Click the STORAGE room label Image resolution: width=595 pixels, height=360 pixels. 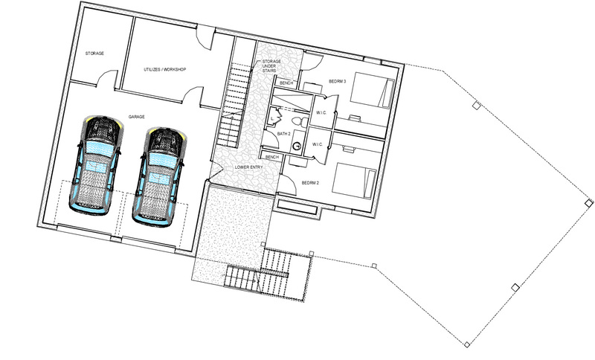94,54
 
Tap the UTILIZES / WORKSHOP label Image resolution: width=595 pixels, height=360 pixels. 164,69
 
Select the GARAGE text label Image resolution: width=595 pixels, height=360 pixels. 137,117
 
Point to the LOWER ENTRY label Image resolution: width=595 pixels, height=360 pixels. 249,167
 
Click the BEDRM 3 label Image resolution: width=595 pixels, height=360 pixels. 338,81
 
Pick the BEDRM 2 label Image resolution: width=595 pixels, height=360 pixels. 310,183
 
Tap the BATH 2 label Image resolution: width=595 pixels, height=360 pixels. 284,134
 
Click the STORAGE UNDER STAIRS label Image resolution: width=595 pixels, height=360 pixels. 271,65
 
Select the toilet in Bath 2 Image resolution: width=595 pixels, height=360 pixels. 299,121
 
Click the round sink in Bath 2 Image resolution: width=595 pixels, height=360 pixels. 297,146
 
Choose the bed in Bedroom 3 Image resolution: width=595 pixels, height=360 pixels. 373,90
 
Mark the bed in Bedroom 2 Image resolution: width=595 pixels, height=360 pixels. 355,181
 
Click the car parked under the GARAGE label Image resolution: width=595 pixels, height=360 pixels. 158,176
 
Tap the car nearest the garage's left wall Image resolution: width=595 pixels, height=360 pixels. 96,163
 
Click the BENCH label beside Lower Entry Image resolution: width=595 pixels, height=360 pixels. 272,157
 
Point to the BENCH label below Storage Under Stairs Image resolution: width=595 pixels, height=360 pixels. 286,83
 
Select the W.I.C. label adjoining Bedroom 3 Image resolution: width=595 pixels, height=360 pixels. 321,112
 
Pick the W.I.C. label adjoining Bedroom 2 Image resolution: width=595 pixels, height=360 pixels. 318,144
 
